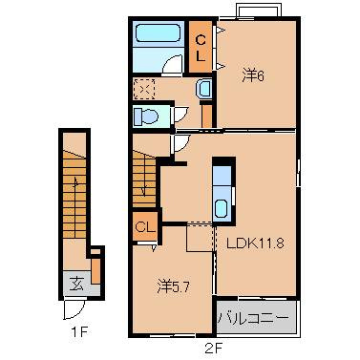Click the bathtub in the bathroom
(159, 33)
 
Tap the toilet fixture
(146, 116)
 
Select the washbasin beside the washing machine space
(204, 88)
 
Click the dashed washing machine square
(144, 89)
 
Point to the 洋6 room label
(253, 75)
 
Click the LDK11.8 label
(255, 244)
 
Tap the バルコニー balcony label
(253, 318)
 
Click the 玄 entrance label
(77, 284)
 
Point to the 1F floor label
(78, 332)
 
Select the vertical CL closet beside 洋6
(201, 47)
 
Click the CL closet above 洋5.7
(145, 226)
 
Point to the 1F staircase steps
(74, 194)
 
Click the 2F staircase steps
(144, 179)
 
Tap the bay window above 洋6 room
(259, 10)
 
